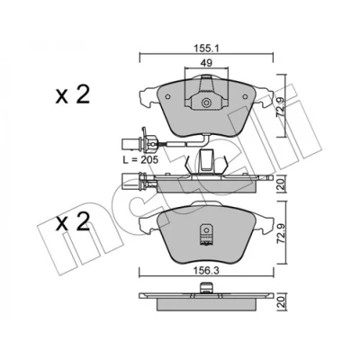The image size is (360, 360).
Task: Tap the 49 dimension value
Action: point(206,63)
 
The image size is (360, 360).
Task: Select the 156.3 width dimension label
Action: point(206,270)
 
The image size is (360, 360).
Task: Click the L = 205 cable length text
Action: point(140,160)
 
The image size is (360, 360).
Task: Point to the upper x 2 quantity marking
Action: point(72,94)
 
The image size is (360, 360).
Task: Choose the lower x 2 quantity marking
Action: point(72,221)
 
